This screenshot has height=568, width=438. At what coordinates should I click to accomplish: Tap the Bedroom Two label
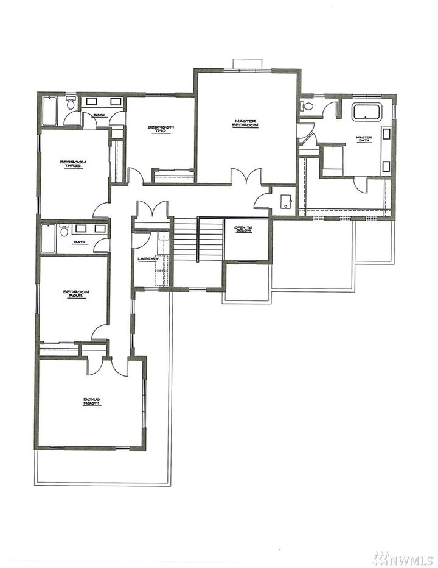click(161, 129)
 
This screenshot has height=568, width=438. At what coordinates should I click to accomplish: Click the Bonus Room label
click(91, 402)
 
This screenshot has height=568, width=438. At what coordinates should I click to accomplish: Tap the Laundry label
click(148, 259)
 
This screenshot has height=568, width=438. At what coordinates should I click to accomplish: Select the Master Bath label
click(364, 139)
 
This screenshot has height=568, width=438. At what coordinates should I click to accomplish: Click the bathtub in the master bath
click(366, 112)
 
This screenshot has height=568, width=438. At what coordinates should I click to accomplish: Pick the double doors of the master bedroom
click(247, 177)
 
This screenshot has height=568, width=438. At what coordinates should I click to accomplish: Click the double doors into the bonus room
click(108, 366)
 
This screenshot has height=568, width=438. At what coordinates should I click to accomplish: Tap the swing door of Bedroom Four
click(100, 332)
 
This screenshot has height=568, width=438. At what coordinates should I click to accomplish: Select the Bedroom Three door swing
click(102, 210)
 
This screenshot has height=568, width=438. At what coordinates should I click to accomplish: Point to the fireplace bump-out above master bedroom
click(247, 64)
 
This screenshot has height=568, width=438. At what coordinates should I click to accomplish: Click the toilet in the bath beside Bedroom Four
click(64, 232)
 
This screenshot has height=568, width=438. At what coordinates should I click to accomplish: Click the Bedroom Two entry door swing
click(135, 177)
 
